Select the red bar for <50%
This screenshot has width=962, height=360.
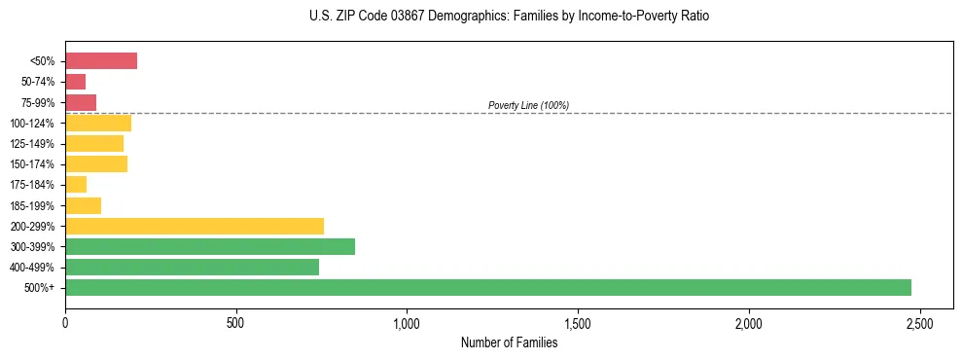tap(101, 61)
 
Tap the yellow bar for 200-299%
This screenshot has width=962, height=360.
tap(195, 226)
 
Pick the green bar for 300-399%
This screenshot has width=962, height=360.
tap(210, 246)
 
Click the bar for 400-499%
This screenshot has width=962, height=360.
tap(192, 267)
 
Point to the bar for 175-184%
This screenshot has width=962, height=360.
tap(76, 185)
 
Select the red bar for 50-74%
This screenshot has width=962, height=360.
tap(75, 82)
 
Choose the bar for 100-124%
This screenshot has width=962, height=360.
tap(98, 123)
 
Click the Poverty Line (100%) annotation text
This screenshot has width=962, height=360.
tap(528, 105)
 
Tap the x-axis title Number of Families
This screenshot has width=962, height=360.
tap(509, 342)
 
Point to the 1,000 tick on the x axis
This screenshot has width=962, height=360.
tap(407, 322)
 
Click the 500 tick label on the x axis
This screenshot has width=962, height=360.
tap(235, 322)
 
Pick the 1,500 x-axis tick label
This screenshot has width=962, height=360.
tap(578, 322)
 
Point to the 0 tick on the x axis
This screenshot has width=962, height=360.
tap(65, 322)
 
